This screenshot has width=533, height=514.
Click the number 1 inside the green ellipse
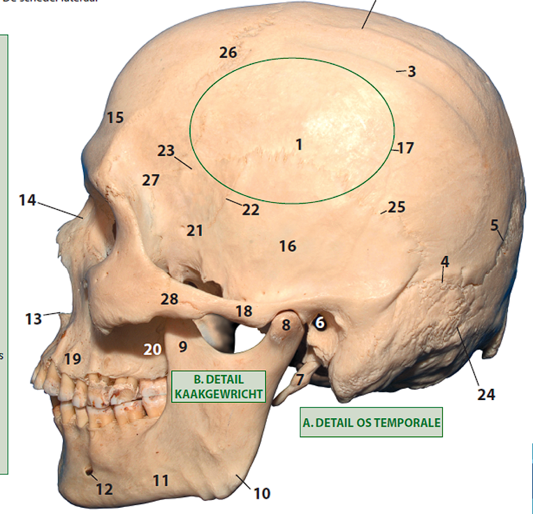[x=299, y=145]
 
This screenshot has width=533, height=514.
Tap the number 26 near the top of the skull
[x=228, y=52]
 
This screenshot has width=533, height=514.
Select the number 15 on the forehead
[x=115, y=117]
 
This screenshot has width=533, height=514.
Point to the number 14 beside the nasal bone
[x=28, y=201]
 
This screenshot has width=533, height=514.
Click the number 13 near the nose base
[x=34, y=319]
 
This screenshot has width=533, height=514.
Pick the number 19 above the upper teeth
[x=73, y=359]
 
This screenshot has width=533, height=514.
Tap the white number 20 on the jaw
[x=153, y=349]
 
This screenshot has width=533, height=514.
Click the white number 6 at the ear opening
[x=320, y=322]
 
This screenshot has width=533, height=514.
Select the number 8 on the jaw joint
[x=286, y=324]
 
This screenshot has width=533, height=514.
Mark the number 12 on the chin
[x=104, y=489]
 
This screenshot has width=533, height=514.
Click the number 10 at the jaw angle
[x=261, y=494]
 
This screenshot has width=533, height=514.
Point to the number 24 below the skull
[x=486, y=394]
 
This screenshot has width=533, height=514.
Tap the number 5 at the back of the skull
[x=495, y=225]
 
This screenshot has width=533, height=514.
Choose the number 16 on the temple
[x=287, y=246]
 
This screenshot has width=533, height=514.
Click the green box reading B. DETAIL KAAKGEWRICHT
[x=218, y=386]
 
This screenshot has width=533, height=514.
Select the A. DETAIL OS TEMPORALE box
[x=372, y=422]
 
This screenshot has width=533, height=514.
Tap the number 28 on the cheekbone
[x=170, y=299]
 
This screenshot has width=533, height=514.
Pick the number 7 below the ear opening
[x=300, y=380]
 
